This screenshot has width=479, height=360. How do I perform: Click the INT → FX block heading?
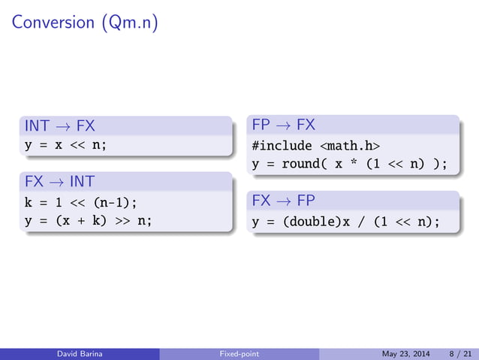tap(60, 125)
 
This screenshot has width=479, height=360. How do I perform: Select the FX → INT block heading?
tap(60, 182)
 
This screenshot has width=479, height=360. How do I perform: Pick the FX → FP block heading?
tap(283, 201)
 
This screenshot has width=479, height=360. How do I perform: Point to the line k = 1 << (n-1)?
tap(81, 202)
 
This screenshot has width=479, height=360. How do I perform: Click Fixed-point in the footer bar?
tap(239, 354)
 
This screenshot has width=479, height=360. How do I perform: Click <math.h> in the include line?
tap(351, 145)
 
